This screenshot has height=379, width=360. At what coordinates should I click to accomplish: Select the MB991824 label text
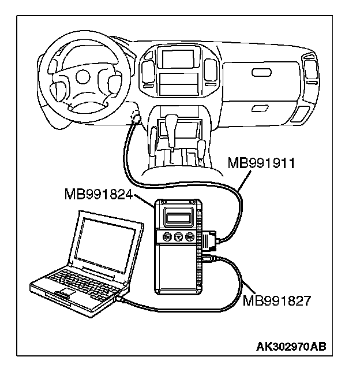(x=99, y=196)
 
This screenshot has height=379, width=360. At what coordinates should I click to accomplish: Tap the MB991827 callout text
(x=277, y=300)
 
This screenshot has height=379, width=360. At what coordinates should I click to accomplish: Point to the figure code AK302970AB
(x=291, y=346)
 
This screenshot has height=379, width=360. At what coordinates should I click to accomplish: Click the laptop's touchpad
(x=60, y=295)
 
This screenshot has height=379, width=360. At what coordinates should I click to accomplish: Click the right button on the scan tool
(x=190, y=236)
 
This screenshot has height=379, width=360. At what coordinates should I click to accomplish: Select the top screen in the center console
(x=177, y=59)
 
